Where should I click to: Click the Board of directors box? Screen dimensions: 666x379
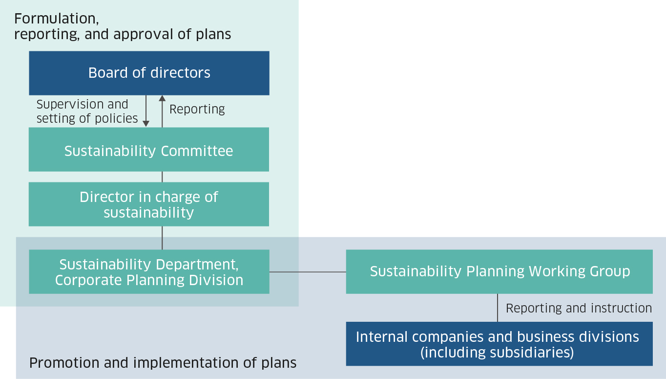149,73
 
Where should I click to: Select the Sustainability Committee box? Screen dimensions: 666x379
149,150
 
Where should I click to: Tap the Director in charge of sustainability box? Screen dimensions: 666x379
149,204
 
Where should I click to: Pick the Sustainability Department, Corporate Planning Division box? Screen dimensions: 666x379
149,272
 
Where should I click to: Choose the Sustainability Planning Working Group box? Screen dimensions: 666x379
499,272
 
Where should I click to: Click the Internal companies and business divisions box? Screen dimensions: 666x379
499,344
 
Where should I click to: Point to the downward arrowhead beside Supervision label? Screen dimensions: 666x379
146,124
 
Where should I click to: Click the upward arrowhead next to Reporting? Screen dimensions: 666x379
162,99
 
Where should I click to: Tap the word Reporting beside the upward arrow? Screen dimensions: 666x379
197,109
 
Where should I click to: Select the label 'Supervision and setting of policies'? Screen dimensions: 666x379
87,111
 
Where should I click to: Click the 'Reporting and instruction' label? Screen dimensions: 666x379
579,308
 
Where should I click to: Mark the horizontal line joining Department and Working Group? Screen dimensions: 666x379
308,272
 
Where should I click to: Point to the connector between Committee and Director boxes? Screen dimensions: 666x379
162,177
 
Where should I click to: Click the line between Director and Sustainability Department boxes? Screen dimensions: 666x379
162,238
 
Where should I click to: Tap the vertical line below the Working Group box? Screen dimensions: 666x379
498,308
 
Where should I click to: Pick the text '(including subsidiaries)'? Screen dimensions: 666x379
497,353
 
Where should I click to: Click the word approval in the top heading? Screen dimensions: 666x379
144,35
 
